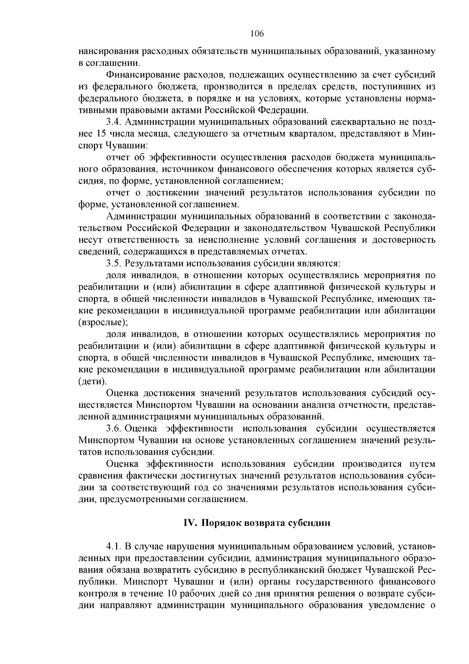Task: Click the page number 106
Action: point(257,34)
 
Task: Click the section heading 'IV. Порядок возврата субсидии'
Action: point(257,523)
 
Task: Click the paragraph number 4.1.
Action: point(113,546)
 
